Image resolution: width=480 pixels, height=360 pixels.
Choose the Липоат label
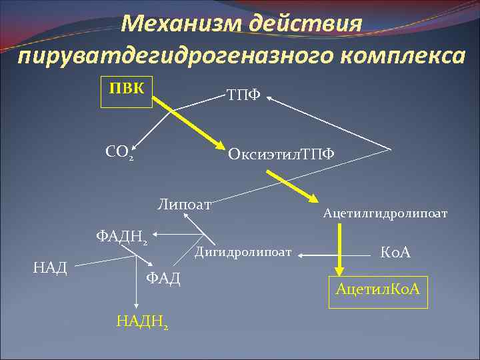click(184, 203)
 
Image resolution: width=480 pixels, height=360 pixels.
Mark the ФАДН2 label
click(123, 236)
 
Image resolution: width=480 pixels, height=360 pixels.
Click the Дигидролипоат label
click(243, 252)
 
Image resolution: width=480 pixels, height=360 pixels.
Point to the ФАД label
click(163, 277)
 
